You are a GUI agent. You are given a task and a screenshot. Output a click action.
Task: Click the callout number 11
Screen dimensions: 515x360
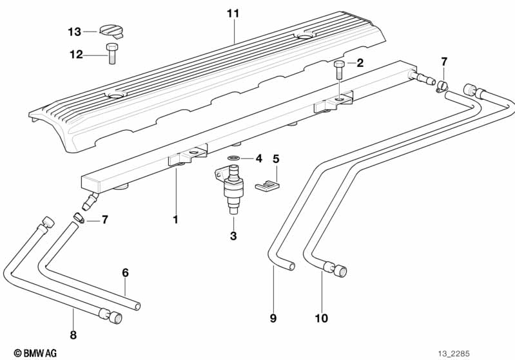[233, 14]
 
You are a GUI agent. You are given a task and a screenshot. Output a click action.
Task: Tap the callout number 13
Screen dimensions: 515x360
[75, 32]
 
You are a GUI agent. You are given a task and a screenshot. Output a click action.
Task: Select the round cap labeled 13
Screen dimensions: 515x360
[112, 30]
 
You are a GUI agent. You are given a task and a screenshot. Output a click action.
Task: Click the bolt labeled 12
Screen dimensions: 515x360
[112, 53]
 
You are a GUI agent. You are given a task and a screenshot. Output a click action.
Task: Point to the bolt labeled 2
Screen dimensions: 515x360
[339, 70]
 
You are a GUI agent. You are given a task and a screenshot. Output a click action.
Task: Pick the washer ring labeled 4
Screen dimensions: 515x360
[233, 158]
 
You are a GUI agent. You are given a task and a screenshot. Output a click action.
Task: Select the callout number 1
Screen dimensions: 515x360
[176, 220]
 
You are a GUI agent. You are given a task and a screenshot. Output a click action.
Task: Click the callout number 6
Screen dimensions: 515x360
[125, 272]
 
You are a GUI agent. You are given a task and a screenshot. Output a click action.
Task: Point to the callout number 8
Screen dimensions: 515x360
[73, 335]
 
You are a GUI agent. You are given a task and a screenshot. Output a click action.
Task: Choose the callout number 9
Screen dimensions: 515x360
[273, 318]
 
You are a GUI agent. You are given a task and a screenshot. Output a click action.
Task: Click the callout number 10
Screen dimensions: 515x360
[321, 318]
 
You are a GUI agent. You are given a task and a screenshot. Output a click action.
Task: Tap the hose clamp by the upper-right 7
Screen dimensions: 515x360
[442, 86]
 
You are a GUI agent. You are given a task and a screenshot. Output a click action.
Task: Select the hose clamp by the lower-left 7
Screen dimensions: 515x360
[79, 218]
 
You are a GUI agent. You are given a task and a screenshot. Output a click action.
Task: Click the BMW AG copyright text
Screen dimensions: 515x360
[35, 353]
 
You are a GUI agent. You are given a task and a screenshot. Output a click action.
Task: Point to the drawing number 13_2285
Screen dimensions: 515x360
[454, 354]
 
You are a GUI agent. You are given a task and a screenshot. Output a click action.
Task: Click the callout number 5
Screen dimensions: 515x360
[276, 159]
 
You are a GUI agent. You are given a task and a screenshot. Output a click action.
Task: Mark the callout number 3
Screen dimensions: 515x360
[233, 236]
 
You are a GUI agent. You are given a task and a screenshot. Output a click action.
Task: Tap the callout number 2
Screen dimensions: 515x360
[360, 62]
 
